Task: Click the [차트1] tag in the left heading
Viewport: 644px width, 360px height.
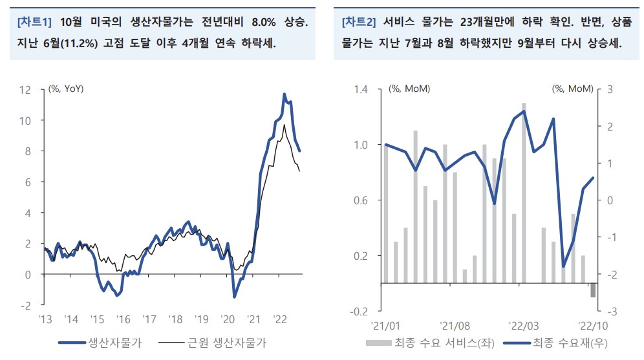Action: point(36,22)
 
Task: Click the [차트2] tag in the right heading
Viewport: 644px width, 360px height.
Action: point(359,22)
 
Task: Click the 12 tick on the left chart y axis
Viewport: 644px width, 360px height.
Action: point(27,89)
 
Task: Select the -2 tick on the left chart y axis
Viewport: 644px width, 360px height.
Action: point(26,305)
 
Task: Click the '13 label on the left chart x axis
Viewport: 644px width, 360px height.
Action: point(45,319)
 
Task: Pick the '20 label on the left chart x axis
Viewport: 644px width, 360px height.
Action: point(228,319)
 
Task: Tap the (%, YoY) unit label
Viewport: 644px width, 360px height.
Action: point(66,89)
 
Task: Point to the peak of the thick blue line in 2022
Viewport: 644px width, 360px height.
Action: point(284,94)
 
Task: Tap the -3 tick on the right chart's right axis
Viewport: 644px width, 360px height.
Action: point(608,311)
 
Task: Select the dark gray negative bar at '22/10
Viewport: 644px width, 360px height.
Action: point(592,290)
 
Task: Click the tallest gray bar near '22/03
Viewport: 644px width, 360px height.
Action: point(524,193)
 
